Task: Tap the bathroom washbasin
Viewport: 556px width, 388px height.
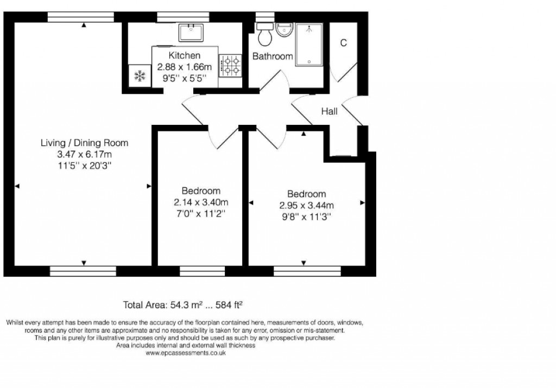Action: click(285, 30)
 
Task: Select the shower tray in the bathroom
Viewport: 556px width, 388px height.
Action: click(309, 44)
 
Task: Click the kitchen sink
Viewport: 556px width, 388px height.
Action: click(191, 33)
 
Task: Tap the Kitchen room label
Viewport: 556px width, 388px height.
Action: click(184, 55)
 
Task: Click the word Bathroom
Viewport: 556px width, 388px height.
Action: click(273, 56)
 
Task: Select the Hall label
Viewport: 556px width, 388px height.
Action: click(330, 111)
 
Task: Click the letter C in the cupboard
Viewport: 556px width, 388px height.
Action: click(343, 43)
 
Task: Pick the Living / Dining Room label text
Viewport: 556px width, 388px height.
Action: click(85, 143)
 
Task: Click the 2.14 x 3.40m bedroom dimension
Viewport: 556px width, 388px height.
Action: click(201, 202)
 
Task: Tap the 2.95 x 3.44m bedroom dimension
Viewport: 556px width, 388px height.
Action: click(306, 205)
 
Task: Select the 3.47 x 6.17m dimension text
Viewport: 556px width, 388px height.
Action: click(85, 154)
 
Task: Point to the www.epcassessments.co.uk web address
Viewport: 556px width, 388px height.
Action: click(185, 353)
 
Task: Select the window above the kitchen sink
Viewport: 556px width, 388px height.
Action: click(183, 17)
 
